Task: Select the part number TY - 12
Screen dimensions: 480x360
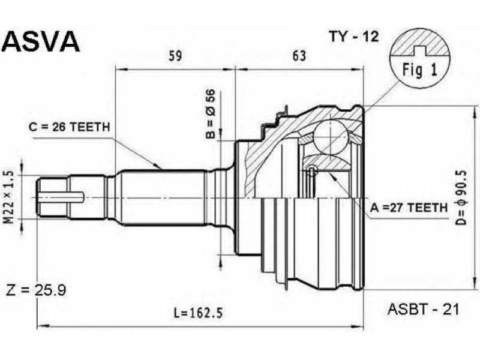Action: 354,37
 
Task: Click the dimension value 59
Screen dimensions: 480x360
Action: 175,56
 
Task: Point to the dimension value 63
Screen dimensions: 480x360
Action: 299,56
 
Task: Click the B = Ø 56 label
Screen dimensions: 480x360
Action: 211,113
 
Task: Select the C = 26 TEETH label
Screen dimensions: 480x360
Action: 69,127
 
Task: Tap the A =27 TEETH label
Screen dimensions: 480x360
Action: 409,208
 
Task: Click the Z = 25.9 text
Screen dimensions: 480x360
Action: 36,290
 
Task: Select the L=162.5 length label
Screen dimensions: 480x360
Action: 198,313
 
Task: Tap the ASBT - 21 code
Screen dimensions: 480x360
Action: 424,310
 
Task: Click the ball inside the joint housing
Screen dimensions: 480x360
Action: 331,137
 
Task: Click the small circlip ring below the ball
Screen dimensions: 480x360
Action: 312,171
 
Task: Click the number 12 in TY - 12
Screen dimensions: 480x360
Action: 370,37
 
